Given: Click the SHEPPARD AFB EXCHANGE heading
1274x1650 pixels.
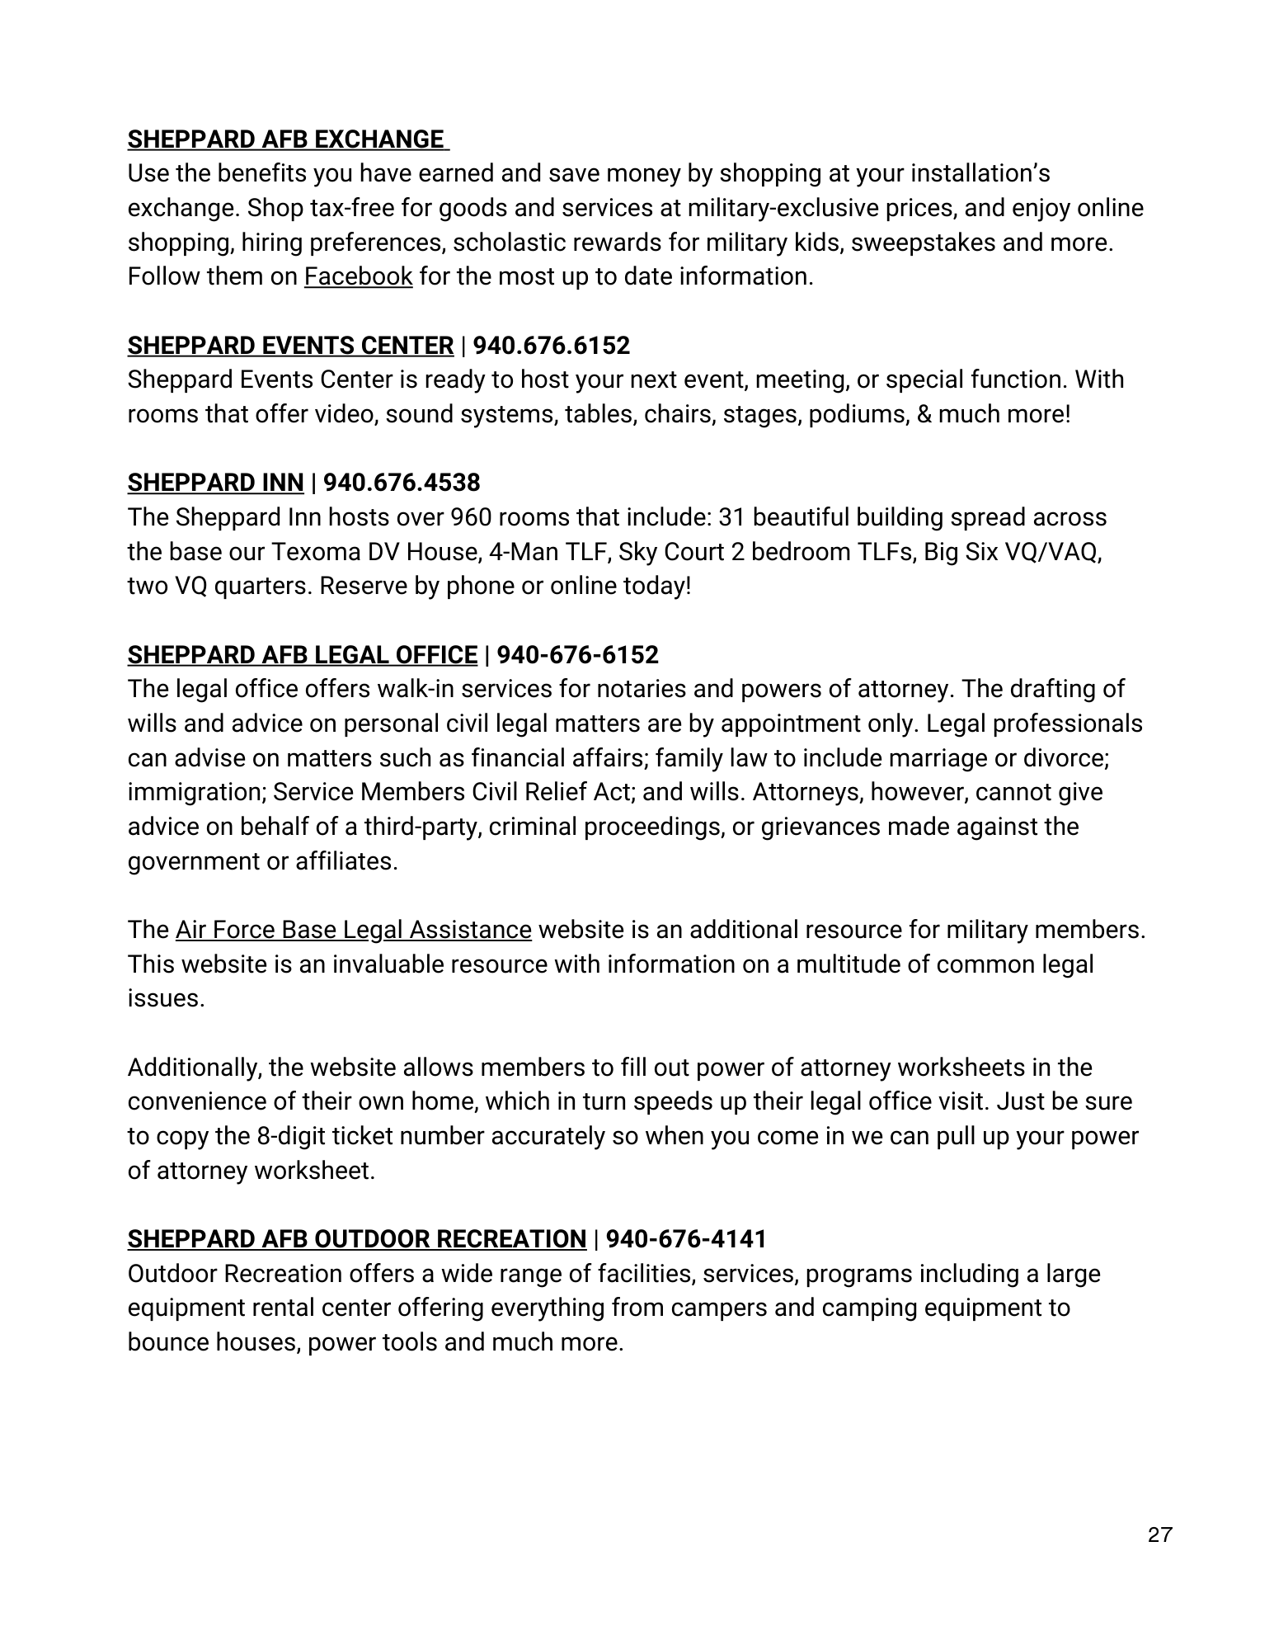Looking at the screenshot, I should [286, 139].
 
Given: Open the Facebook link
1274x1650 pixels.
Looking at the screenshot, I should [358, 276].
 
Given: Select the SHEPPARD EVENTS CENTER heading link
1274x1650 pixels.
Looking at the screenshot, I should [290, 346].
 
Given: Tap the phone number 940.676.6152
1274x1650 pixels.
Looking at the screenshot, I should [552, 346].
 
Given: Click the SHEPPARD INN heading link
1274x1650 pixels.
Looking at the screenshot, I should [215, 483].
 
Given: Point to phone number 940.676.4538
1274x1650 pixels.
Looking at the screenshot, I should [402, 483].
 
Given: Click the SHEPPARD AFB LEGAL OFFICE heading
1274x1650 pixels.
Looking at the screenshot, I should [302, 655].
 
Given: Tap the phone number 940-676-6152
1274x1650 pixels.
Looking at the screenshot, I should [578, 655].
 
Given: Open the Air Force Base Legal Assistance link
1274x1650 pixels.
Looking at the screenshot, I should [353, 931].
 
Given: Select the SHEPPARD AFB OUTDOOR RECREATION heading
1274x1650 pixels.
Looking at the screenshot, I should [356, 1239].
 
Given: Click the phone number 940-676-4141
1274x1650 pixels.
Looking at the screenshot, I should [686, 1239].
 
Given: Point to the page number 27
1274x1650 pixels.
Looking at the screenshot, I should [1159, 1535].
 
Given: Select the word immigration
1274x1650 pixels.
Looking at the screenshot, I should [195, 793].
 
